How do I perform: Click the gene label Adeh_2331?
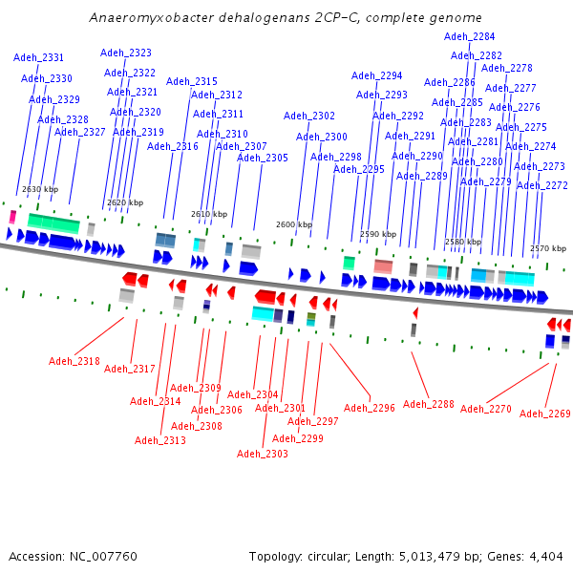39,57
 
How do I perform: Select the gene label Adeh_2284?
470,36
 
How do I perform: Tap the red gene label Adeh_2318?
74,361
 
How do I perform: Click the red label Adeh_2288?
429,404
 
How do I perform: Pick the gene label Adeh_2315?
192,81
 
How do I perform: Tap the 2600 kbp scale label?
294,224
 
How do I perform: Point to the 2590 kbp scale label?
377,233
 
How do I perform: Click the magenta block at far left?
12,218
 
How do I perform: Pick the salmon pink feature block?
383,265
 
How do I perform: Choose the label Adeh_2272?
541,185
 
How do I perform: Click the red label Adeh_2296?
369,408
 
